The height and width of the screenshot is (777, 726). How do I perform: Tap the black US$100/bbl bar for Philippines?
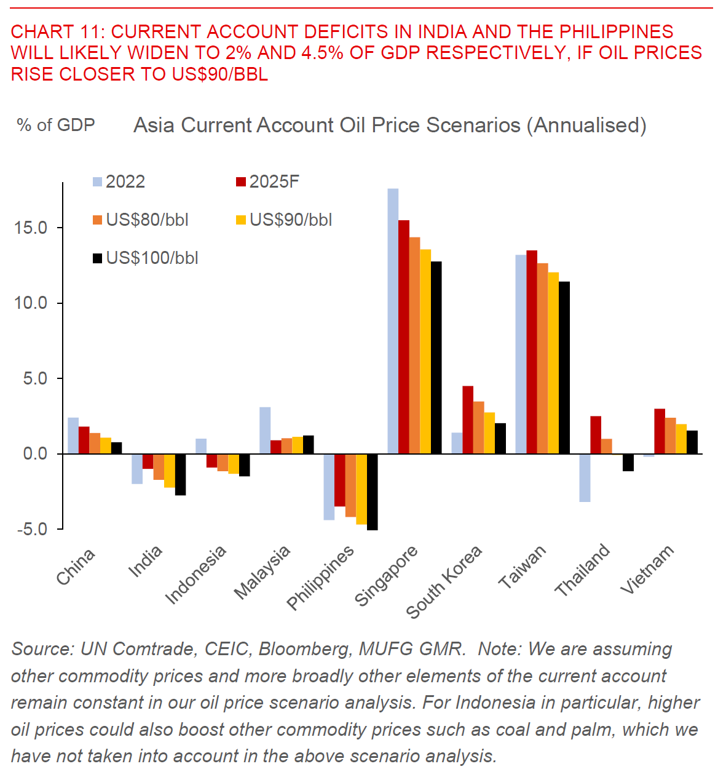click(x=372, y=492)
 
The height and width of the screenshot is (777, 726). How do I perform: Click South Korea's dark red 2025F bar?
click(x=468, y=420)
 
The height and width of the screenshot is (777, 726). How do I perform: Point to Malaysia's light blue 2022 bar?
click(x=265, y=431)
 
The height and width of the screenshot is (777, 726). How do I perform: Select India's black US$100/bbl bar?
click(x=180, y=474)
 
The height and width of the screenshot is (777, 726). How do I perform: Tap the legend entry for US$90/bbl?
click(x=291, y=220)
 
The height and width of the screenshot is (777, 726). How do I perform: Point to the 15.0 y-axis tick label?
click(x=31, y=228)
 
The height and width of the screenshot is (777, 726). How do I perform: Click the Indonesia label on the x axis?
click(x=196, y=575)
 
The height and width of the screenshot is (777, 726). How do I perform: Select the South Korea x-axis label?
click(x=444, y=582)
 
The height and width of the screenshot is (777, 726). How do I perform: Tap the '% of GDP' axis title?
click(x=56, y=125)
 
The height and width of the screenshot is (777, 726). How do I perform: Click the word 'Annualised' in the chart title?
click(x=589, y=125)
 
